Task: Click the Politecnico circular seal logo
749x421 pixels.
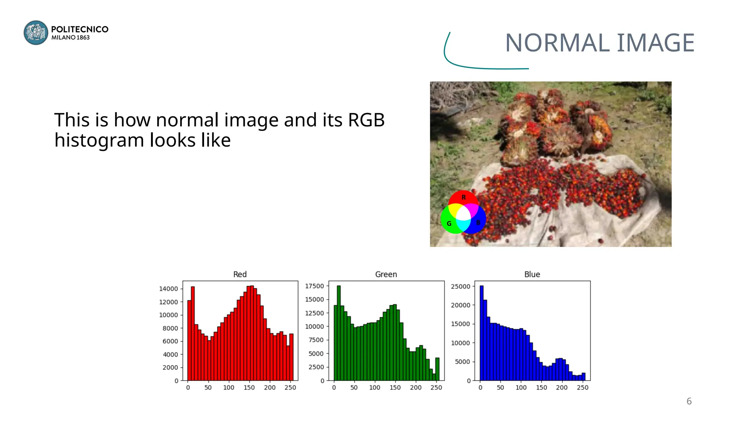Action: (36, 33)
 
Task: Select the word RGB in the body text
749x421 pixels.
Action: (366, 120)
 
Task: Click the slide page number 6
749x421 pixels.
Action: (689, 401)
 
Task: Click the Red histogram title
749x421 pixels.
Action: (240, 274)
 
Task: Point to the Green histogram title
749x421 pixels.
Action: (386, 274)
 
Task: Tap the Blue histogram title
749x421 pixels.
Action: (532, 274)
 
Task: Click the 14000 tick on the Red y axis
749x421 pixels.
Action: (168, 289)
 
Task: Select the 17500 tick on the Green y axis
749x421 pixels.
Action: (315, 286)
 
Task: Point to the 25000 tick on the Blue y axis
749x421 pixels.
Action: (460, 287)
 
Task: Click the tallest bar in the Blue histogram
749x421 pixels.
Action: (481, 333)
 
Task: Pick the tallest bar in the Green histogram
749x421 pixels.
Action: (339, 333)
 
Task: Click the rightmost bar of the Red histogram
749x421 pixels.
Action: (291, 357)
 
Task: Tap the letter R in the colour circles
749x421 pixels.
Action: (464, 198)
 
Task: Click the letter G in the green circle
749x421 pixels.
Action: (449, 224)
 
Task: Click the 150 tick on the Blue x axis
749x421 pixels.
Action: (542, 388)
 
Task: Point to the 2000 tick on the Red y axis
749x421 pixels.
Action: (170, 368)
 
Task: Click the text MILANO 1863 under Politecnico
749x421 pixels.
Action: (71, 38)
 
